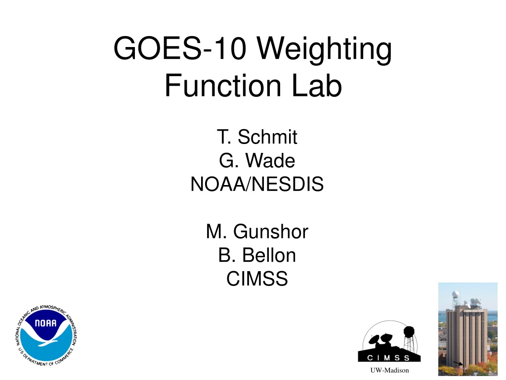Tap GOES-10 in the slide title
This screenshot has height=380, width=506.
tap(180, 48)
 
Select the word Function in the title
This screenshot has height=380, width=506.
tap(223, 85)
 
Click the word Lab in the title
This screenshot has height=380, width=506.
tap(317, 85)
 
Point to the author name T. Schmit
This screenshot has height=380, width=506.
tap(257, 137)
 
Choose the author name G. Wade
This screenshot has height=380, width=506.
tap(257, 161)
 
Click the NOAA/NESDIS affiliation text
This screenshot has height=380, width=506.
tap(257, 184)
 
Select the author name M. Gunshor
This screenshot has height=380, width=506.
tap(257, 232)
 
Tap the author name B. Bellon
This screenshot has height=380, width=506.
tap(257, 255)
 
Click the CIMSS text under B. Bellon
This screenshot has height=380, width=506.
tap(257, 279)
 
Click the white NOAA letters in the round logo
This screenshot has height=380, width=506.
tap(45, 323)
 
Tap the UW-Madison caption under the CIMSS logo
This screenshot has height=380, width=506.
tap(389, 370)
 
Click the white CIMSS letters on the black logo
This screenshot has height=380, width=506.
tap(388, 358)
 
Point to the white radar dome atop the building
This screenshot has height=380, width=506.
tap(455, 294)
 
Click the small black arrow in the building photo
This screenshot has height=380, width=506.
tap(458, 364)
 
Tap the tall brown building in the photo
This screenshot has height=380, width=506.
tap(466, 336)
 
